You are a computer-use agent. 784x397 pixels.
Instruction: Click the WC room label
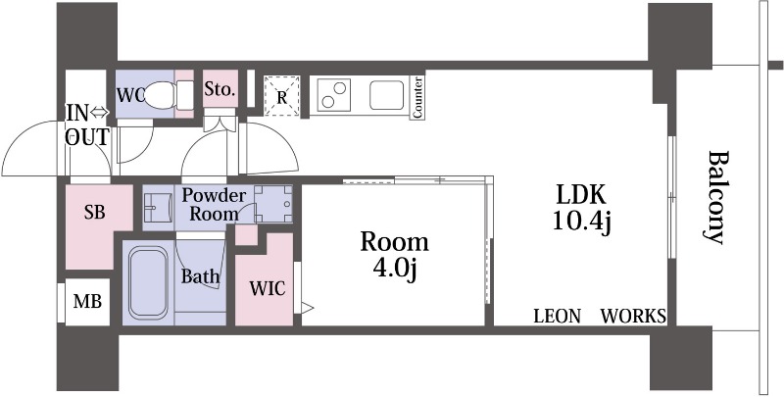pos(130,94)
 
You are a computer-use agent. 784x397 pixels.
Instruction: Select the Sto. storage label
pos(220,89)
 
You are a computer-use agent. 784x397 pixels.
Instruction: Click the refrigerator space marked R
pos(282,96)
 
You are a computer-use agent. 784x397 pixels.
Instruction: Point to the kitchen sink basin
pos(386,95)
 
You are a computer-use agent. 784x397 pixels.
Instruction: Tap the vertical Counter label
pos(417,97)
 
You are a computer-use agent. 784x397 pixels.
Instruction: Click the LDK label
pos(581,195)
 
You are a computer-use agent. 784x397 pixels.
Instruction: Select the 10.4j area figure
pos(581,221)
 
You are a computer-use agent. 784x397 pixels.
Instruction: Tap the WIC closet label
pos(268,288)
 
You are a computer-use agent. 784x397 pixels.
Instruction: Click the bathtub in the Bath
pos(148,282)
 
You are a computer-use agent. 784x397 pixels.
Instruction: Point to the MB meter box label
pos(87,302)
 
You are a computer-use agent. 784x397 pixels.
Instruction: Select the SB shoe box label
pos(94,213)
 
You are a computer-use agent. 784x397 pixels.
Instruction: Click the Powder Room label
pos(214,205)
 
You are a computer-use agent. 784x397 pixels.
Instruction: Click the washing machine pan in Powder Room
pos(273,204)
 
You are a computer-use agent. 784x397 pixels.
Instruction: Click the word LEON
pos(558,316)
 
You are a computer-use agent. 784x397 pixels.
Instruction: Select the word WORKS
pos(633,316)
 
